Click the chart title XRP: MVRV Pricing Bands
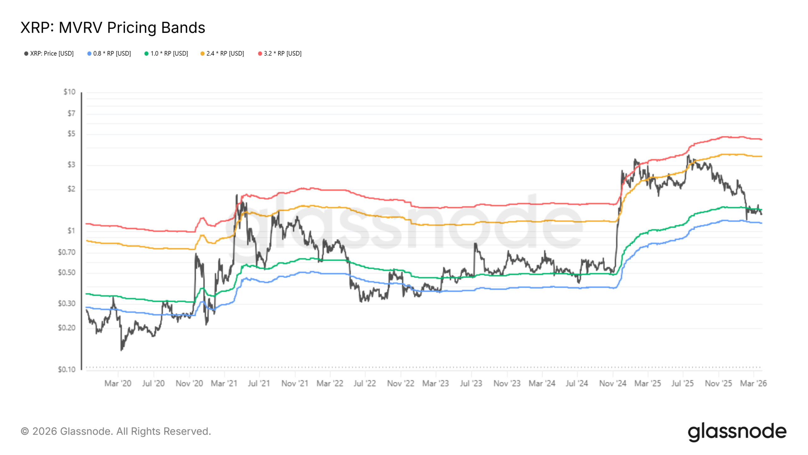[x=113, y=28]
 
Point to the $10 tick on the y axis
[x=69, y=92]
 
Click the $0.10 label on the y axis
[x=67, y=369]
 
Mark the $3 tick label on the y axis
[x=71, y=165]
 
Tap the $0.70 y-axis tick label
[x=67, y=252]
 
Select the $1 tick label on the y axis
[x=71, y=231]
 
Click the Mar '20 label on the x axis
[x=118, y=383]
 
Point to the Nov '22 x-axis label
[x=401, y=383]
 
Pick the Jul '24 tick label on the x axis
[x=577, y=383]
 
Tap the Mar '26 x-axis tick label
[x=753, y=383]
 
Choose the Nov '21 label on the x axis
[x=295, y=383]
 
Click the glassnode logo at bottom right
[x=737, y=432]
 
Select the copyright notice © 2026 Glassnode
[x=116, y=431]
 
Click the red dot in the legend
[x=260, y=54]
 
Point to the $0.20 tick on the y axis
[x=67, y=328]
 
